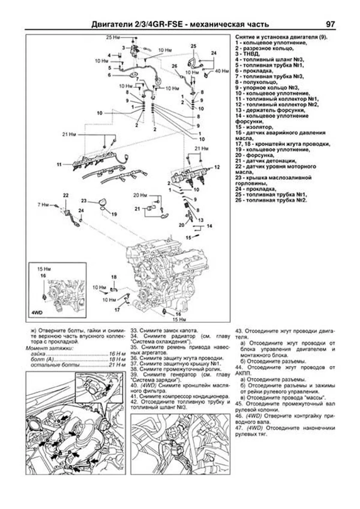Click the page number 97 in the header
(x=330, y=24)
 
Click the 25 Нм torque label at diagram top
(x=113, y=38)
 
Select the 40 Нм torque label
(x=222, y=71)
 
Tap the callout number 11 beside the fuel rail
(x=59, y=164)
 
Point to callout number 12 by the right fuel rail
(x=217, y=167)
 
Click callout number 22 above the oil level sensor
(x=66, y=195)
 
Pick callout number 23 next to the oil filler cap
(x=84, y=201)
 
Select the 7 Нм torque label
(x=43, y=205)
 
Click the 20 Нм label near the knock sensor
(x=140, y=195)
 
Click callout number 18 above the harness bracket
(x=114, y=277)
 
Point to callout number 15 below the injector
(x=188, y=238)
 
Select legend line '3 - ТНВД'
(x=247, y=54)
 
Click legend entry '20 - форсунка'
(x=255, y=155)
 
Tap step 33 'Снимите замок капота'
(x=164, y=331)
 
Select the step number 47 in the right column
(x=239, y=428)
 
